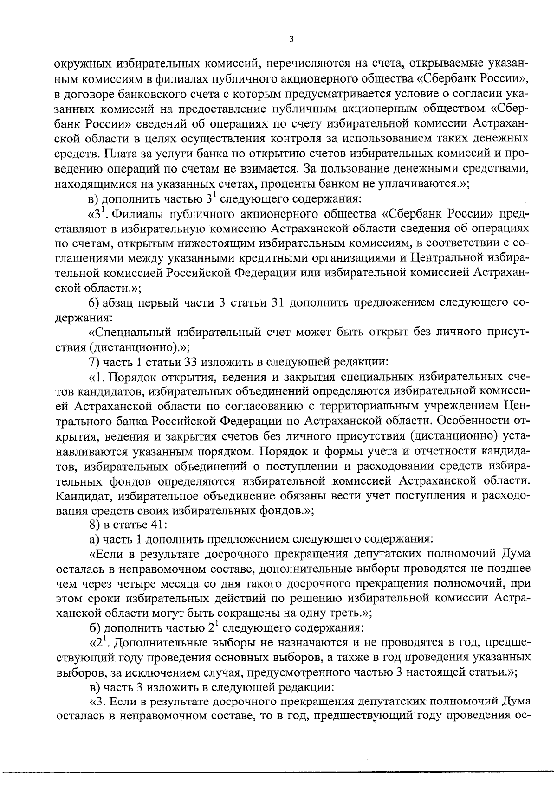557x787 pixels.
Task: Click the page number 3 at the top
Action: point(291,39)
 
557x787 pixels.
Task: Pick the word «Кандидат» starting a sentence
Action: point(84,496)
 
